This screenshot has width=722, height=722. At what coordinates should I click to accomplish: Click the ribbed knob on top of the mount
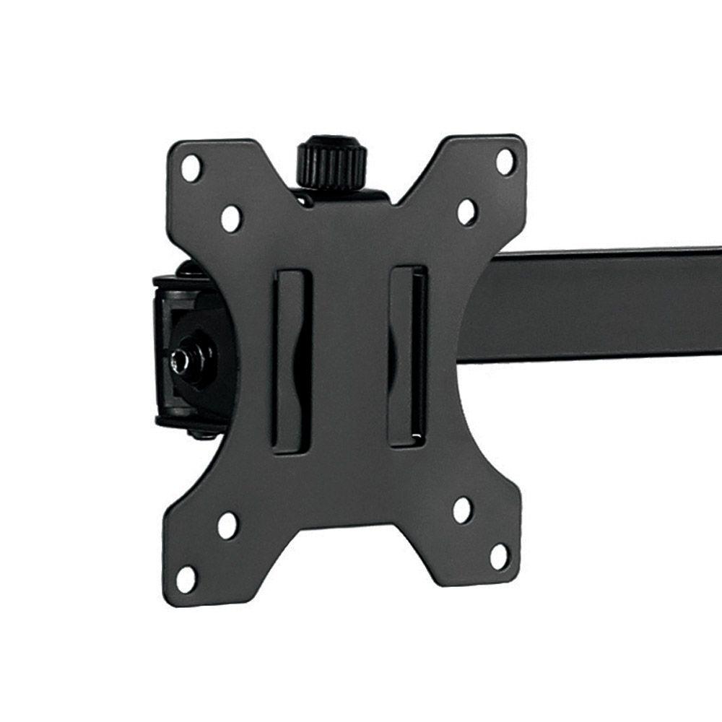click(332, 162)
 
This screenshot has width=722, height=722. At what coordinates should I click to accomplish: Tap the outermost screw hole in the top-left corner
click(191, 168)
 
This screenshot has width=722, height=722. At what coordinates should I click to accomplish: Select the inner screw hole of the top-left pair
click(231, 218)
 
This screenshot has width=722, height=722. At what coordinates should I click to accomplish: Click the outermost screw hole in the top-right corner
click(505, 161)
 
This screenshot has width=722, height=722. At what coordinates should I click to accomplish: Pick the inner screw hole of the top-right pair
click(467, 212)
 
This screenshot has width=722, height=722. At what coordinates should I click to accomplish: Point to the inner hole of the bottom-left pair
click(227, 526)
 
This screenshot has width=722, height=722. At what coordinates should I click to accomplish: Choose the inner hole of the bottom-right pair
click(463, 510)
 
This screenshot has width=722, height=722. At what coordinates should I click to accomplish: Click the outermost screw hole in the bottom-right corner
click(499, 556)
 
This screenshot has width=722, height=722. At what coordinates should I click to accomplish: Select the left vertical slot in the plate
click(292, 361)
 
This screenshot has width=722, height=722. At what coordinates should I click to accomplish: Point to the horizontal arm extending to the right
click(599, 303)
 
